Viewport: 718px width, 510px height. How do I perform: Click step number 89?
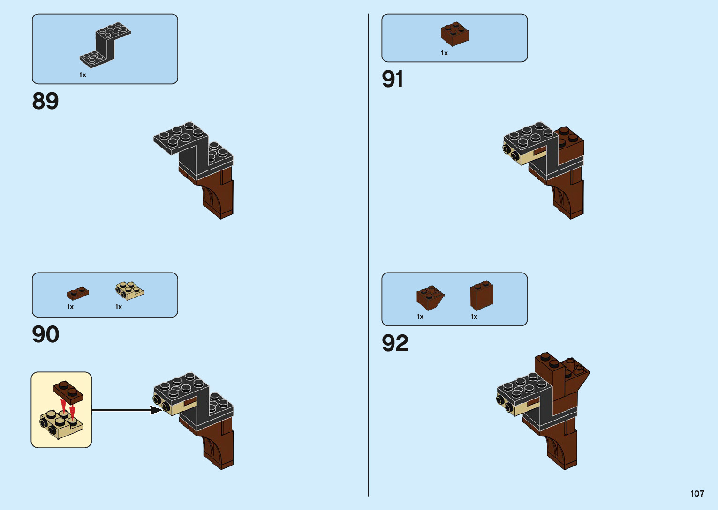[45, 101]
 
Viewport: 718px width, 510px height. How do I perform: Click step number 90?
[45, 334]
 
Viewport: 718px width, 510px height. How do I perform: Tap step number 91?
[393, 79]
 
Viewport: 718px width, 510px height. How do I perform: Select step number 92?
[395, 343]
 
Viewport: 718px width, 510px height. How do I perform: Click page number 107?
[697, 494]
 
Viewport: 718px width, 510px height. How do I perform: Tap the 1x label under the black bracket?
[83, 75]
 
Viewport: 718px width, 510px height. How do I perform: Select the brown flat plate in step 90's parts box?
[77, 294]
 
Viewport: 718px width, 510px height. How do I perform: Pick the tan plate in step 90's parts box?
[129, 290]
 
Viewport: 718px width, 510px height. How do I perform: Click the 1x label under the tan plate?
[119, 307]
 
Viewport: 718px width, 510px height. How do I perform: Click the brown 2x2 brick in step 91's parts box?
[454, 34]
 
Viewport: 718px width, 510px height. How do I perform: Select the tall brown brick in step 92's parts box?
[482, 295]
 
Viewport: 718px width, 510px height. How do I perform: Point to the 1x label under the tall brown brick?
[474, 317]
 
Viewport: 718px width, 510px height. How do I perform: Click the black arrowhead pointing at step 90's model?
[157, 410]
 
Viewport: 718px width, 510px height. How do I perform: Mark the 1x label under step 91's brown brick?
[444, 53]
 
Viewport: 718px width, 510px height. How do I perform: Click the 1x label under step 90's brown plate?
[70, 307]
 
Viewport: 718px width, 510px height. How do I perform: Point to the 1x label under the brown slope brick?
[420, 317]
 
